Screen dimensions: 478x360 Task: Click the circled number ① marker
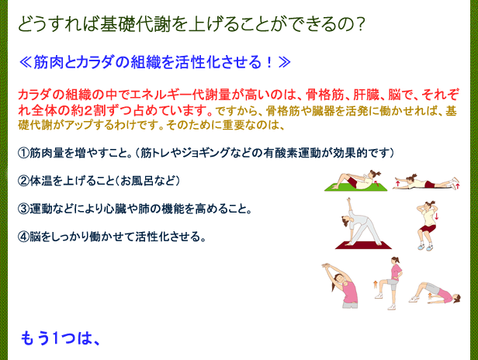click(x=23, y=153)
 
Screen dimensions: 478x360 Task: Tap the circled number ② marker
click(x=23, y=181)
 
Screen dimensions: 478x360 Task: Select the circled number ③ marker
click(x=23, y=209)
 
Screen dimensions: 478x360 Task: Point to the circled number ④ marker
click(x=23, y=237)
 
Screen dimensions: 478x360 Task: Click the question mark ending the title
click(x=360, y=23)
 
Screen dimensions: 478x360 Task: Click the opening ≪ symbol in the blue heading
click(x=26, y=63)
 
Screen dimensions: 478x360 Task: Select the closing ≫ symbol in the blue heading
click(x=284, y=63)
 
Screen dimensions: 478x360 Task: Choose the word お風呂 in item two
click(x=137, y=181)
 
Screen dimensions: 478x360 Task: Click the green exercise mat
click(x=355, y=187)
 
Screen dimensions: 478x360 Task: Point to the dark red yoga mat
click(x=363, y=245)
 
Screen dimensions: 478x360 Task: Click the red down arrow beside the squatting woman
click(x=437, y=216)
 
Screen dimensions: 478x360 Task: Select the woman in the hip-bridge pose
click(x=435, y=292)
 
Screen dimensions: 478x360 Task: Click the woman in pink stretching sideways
click(x=341, y=286)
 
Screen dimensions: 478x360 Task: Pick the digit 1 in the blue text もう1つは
click(x=56, y=338)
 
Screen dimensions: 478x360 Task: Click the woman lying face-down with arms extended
click(x=426, y=182)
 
